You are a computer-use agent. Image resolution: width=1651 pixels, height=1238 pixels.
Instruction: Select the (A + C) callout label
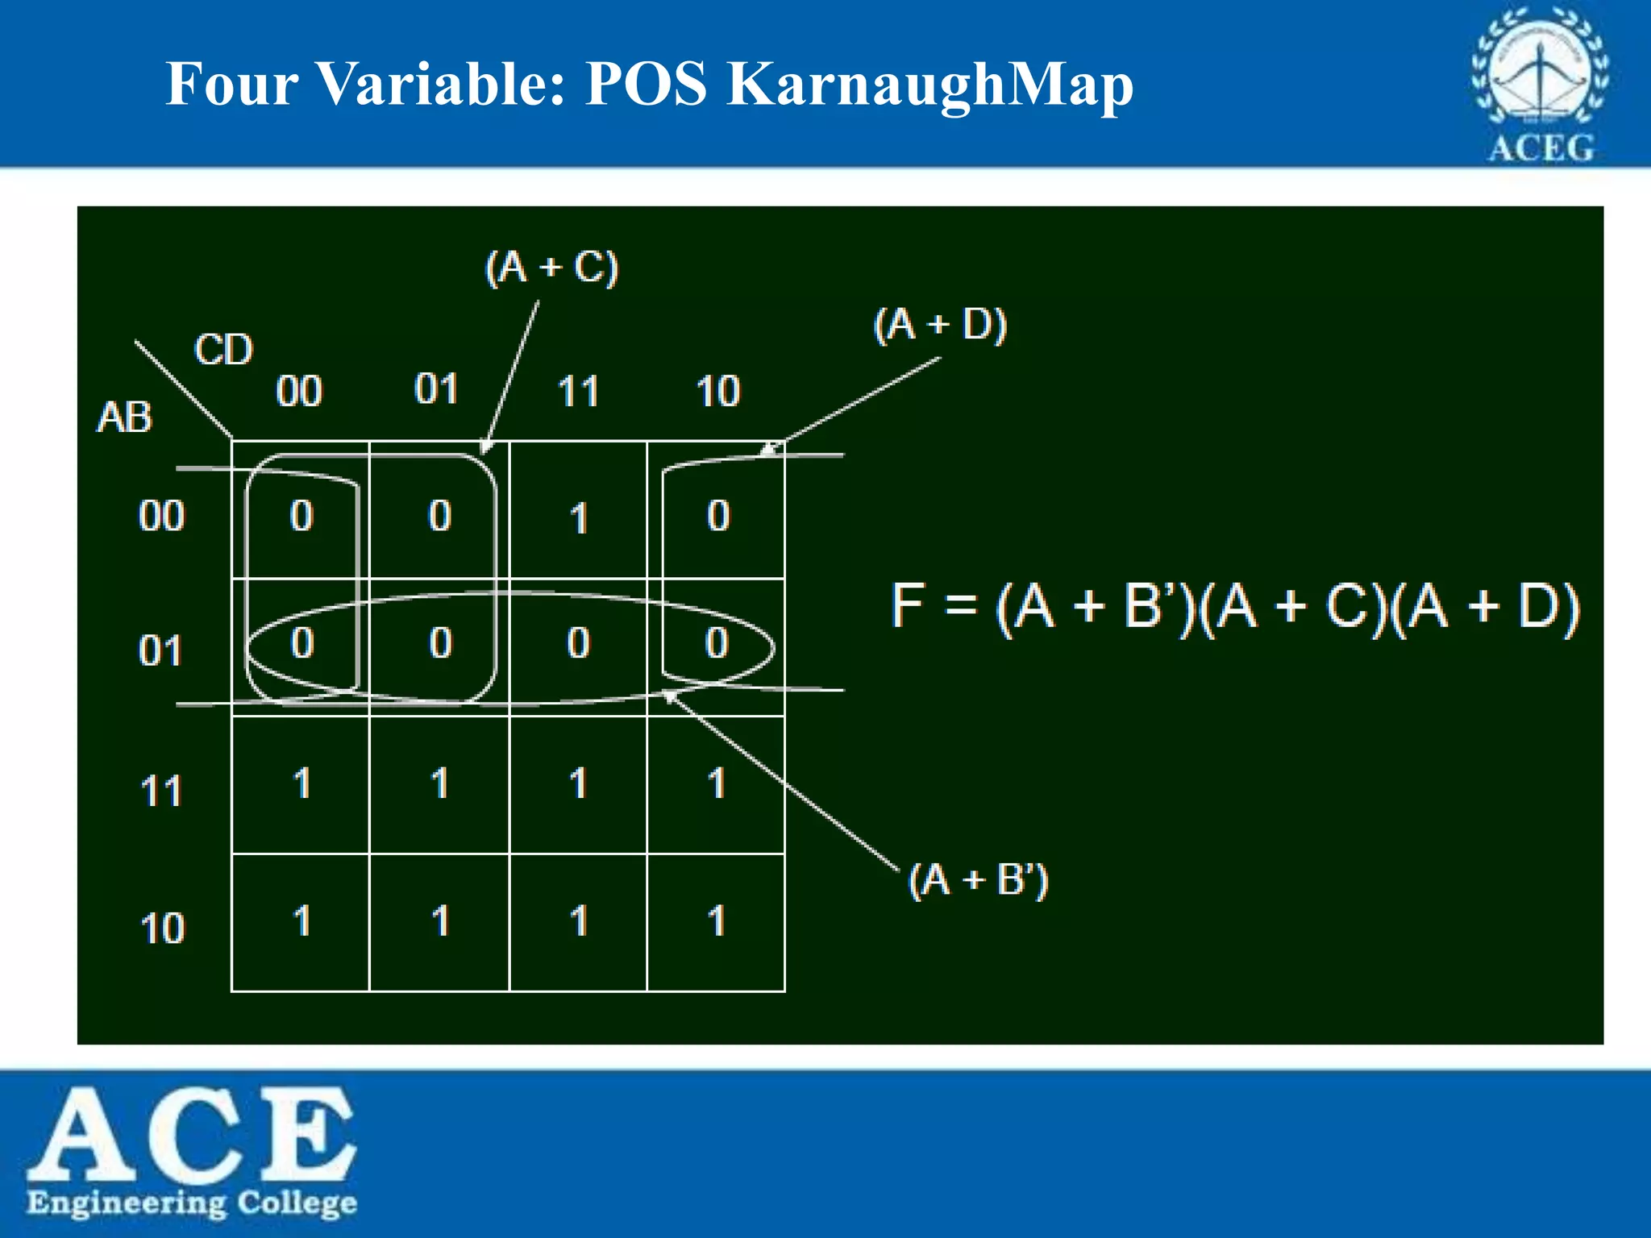[552, 268]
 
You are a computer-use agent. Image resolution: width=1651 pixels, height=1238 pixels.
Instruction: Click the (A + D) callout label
[941, 325]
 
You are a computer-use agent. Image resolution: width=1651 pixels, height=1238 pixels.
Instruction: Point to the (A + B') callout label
[979, 879]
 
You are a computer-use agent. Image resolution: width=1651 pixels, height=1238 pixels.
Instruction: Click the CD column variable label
[223, 350]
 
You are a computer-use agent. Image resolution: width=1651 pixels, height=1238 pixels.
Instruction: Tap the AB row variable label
[124, 418]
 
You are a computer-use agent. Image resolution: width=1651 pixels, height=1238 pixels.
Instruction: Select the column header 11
[578, 392]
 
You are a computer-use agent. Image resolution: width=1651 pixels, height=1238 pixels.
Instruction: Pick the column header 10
[717, 392]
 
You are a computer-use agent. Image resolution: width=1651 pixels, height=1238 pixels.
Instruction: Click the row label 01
[160, 650]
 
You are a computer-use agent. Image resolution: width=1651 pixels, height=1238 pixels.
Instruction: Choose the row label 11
[161, 791]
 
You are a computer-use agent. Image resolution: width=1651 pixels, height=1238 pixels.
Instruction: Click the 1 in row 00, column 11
[578, 518]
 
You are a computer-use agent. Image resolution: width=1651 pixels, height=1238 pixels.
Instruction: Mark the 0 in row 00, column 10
[717, 516]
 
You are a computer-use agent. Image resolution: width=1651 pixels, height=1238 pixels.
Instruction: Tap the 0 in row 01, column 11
[578, 643]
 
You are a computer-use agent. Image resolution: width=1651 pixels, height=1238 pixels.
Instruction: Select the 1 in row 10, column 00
[302, 920]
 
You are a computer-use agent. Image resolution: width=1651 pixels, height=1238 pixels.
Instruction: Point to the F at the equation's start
[907, 605]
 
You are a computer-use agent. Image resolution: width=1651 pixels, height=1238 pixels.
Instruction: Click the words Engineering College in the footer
[192, 1203]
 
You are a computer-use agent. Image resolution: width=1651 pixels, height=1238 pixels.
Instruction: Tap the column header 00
[299, 392]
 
